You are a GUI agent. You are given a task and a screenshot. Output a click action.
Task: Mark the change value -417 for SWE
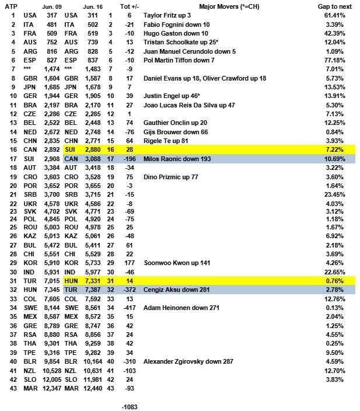[128, 308]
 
